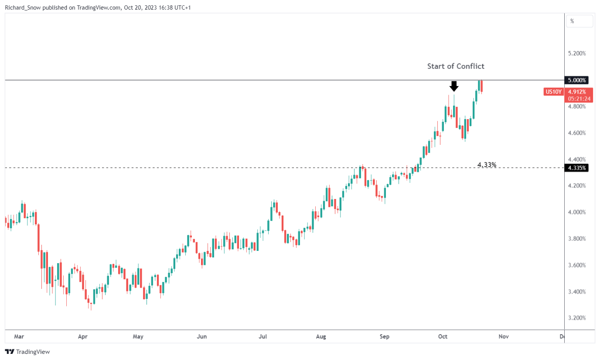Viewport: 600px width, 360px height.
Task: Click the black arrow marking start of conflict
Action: point(454,86)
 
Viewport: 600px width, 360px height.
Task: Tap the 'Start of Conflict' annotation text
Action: point(455,66)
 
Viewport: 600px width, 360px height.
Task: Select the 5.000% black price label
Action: point(577,80)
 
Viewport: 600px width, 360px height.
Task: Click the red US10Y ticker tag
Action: point(553,92)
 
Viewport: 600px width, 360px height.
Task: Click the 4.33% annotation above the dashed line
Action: point(487,165)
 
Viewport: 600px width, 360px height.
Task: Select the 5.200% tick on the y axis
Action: point(576,54)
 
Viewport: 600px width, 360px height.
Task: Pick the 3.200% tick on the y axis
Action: point(576,318)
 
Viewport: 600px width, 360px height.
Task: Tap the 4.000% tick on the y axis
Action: point(576,212)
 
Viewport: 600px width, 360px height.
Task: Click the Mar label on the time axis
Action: point(19,336)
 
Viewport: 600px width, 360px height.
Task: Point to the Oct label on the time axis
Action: point(443,336)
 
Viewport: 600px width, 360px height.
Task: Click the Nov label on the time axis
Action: point(504,336)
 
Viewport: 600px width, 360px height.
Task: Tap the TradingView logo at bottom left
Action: point(27,352)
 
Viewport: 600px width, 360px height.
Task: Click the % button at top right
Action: point(572,21)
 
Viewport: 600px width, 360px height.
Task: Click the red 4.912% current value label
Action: point(576,92)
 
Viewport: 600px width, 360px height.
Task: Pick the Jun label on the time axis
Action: point(201,336)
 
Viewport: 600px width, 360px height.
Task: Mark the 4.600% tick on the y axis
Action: point(576,133)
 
